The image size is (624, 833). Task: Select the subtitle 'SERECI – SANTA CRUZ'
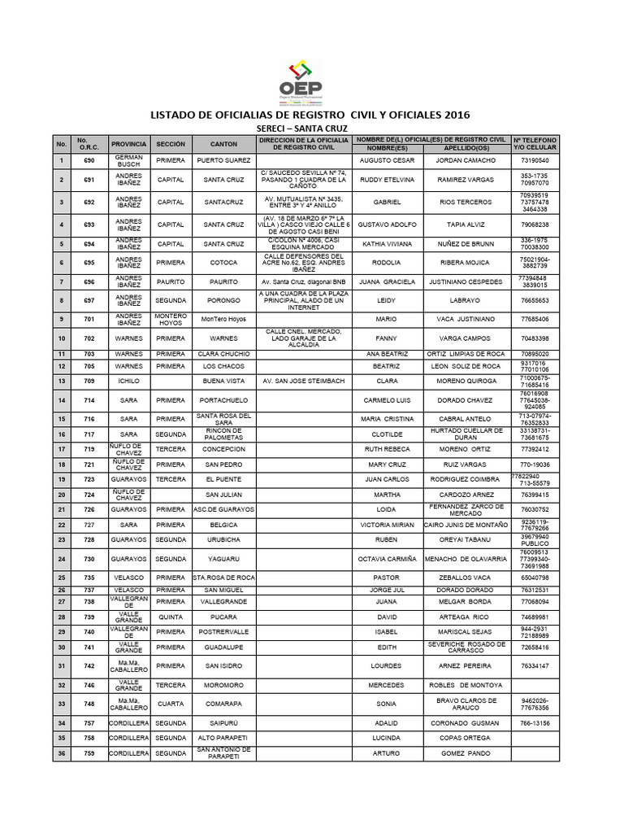click(x=300, y=129)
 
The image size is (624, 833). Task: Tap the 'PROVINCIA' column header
click(x=128, y=143)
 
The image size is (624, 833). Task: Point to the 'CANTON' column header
click(x=223, y=143)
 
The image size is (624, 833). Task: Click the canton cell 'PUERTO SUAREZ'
click(x=223, y=161)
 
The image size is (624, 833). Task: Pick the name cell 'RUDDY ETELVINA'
click(x=387, y=180)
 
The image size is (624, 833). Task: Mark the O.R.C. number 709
click(x=89, y=381)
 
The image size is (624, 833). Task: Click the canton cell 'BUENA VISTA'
click(x=223, y=381)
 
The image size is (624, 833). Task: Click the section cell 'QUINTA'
click(x=171, y=617)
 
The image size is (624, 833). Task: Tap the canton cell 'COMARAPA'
click(x=223, y=703)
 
